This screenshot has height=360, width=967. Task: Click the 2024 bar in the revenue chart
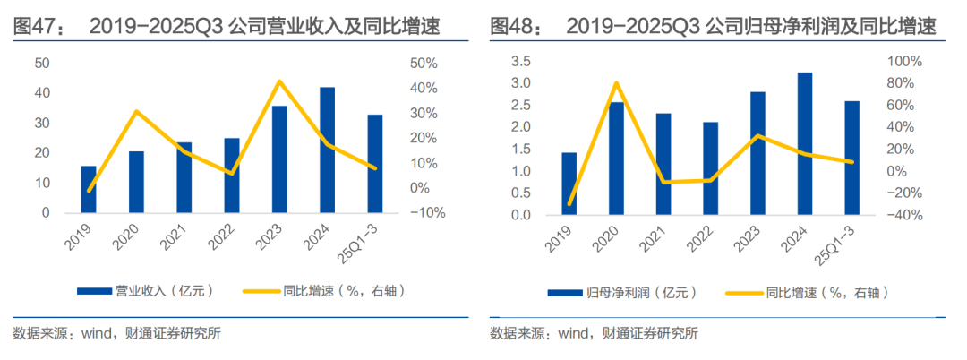328,150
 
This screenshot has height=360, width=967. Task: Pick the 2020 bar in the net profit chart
616,159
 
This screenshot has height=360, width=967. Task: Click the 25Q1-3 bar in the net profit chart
852,159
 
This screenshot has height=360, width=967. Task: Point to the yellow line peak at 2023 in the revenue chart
279,81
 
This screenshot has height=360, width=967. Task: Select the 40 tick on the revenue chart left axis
41,93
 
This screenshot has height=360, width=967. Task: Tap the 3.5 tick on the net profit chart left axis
520,61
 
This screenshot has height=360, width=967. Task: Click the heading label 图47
36,27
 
